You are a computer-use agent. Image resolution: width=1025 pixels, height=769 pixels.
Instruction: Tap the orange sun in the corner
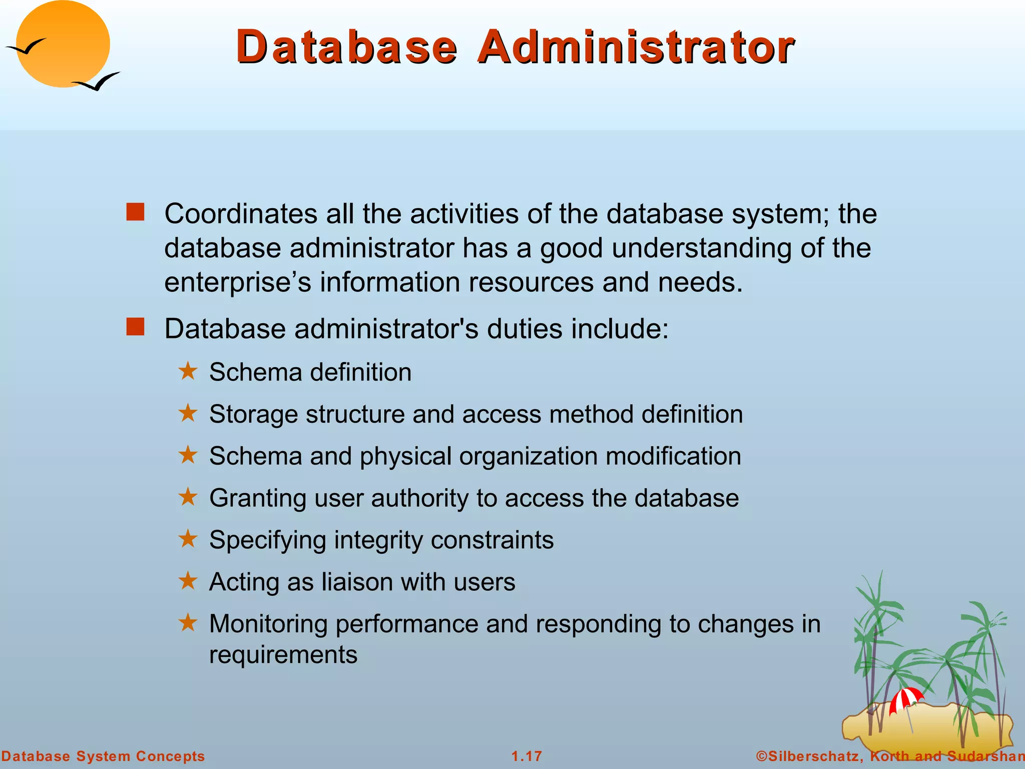[x=63, y=44]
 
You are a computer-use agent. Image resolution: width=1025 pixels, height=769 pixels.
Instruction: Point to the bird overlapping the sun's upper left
[x=26, y=47]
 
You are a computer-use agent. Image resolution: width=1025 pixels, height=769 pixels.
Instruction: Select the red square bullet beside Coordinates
[x=135, y=212]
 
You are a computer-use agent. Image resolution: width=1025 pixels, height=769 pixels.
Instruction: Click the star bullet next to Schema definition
[x=188, y=371]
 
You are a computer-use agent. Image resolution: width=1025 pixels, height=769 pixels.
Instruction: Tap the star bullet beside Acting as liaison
[x=188, y=581]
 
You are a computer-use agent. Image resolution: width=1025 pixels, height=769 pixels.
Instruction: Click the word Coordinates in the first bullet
[x=241, y=214]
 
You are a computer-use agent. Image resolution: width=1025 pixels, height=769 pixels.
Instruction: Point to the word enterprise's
[x=238, y=282]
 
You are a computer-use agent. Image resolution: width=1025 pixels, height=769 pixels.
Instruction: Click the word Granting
[x=257, y=499]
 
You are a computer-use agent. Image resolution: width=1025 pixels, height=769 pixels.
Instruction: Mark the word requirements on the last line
[x=283, y=655]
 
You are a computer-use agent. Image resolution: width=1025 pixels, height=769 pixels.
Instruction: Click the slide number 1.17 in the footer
[x=527, y=756]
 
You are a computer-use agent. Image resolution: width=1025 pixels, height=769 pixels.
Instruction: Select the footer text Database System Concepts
[x=103, y=756]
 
